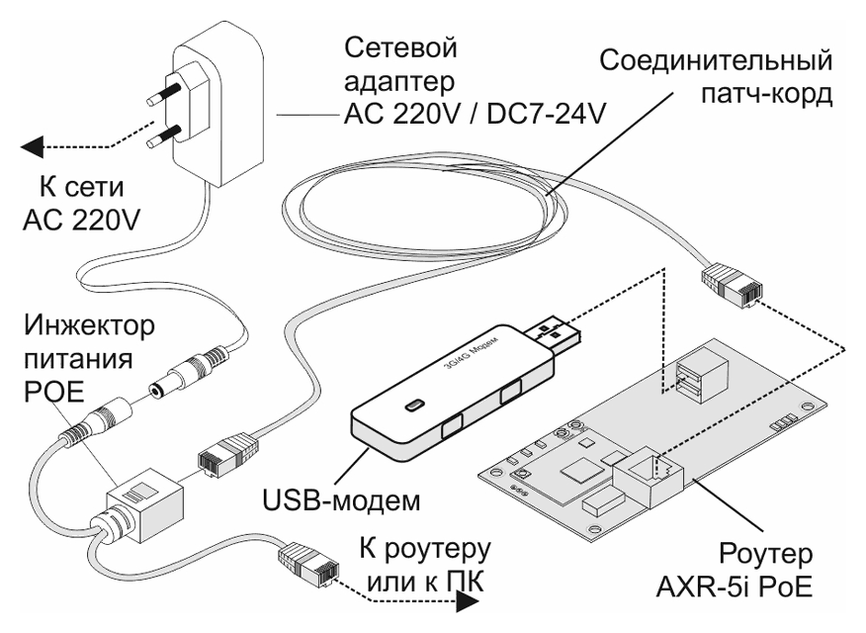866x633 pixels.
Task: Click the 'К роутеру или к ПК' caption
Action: coord(428,562)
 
